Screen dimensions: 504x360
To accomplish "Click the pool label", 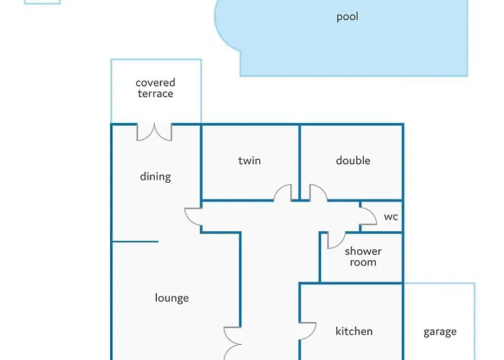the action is [x=347, y=17].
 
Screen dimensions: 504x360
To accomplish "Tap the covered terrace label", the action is [x=156, y=88].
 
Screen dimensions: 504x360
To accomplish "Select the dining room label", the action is [x=156, y=177].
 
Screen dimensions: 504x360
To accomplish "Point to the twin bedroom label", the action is [x=249, y=161].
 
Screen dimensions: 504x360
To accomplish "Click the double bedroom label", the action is [x=353, y=161].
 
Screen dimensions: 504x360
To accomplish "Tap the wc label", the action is [x=391, y=217].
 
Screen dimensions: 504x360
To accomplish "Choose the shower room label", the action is [x=363, y=256].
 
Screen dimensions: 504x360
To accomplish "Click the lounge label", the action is [x=171, y=298].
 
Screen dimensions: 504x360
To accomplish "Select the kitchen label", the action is [x=354, y=331].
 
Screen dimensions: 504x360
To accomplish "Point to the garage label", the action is [x=440, y=332].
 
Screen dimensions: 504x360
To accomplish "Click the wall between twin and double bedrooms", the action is [x=300, y=162].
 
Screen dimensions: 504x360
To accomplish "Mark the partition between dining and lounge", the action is [x=135, y=241].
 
